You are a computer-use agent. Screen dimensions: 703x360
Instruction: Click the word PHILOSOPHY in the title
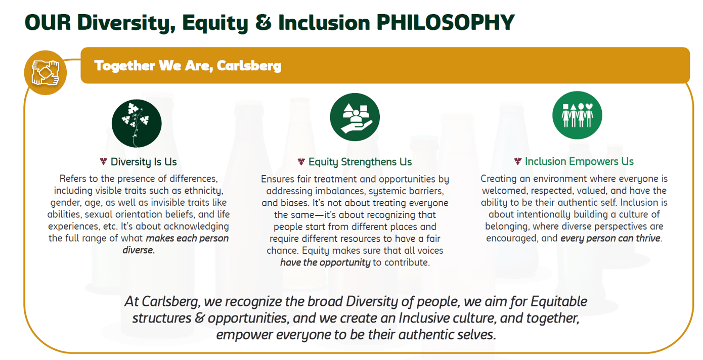tap(446, 22)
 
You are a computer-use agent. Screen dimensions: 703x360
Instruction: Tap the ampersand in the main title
tap(263, 22)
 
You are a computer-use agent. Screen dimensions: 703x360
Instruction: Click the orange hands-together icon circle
tap(46, 72)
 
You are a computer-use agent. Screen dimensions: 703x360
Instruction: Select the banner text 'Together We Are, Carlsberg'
tap(188, 66)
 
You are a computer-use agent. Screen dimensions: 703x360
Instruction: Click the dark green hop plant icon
tap(137, 123)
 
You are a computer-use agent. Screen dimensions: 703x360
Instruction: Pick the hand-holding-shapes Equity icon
tap(355, 117)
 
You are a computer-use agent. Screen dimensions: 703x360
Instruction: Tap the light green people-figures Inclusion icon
tap(577, 115)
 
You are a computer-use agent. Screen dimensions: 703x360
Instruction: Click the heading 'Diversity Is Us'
tap(144, 162)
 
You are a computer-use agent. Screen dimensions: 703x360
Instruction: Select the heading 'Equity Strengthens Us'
tap(360, 162)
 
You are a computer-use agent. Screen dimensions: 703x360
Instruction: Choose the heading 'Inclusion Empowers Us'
tap(580, 161)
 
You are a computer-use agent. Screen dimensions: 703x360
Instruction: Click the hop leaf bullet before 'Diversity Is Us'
tap(103, 162)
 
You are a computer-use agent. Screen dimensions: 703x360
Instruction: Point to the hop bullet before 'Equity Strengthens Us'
tap(301, 162)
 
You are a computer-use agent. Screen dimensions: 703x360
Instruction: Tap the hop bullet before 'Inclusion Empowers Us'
tap(518, 161)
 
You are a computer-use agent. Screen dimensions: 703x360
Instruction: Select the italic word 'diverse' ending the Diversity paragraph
tap(138, 250)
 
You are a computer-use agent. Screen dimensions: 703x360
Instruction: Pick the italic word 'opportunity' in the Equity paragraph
tap(345, 262)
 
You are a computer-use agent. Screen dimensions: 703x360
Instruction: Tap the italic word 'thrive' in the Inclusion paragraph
tap(648, 238)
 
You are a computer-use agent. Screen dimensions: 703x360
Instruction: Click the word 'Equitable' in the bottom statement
tap(559, 301)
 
